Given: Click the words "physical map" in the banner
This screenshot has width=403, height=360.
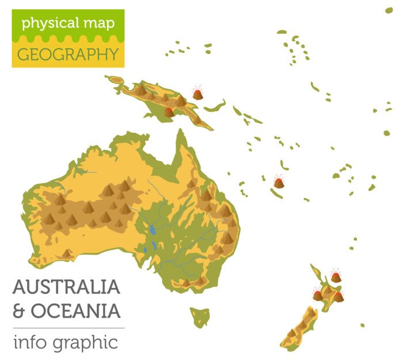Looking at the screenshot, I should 68,24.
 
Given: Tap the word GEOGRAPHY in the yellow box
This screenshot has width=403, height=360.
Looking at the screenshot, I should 68,55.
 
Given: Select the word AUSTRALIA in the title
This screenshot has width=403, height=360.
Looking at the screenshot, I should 66,286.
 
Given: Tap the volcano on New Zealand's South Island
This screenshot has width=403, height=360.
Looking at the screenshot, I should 317,296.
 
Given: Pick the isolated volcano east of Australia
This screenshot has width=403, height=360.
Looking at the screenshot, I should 279,182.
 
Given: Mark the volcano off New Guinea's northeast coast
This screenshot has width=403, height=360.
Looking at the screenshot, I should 197,93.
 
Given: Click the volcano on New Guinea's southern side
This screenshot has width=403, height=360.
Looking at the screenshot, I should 169,112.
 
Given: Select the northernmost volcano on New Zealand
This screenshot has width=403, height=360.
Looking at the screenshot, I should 336,277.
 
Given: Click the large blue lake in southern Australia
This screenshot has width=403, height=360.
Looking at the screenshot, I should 153,230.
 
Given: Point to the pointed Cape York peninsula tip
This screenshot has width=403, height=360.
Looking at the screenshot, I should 181,133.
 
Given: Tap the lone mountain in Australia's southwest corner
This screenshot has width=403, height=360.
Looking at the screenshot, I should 67,253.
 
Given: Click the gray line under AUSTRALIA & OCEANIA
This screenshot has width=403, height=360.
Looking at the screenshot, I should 68,328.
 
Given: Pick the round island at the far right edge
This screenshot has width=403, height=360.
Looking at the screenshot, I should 387,133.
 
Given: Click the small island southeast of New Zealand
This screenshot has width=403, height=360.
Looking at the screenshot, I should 362,325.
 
